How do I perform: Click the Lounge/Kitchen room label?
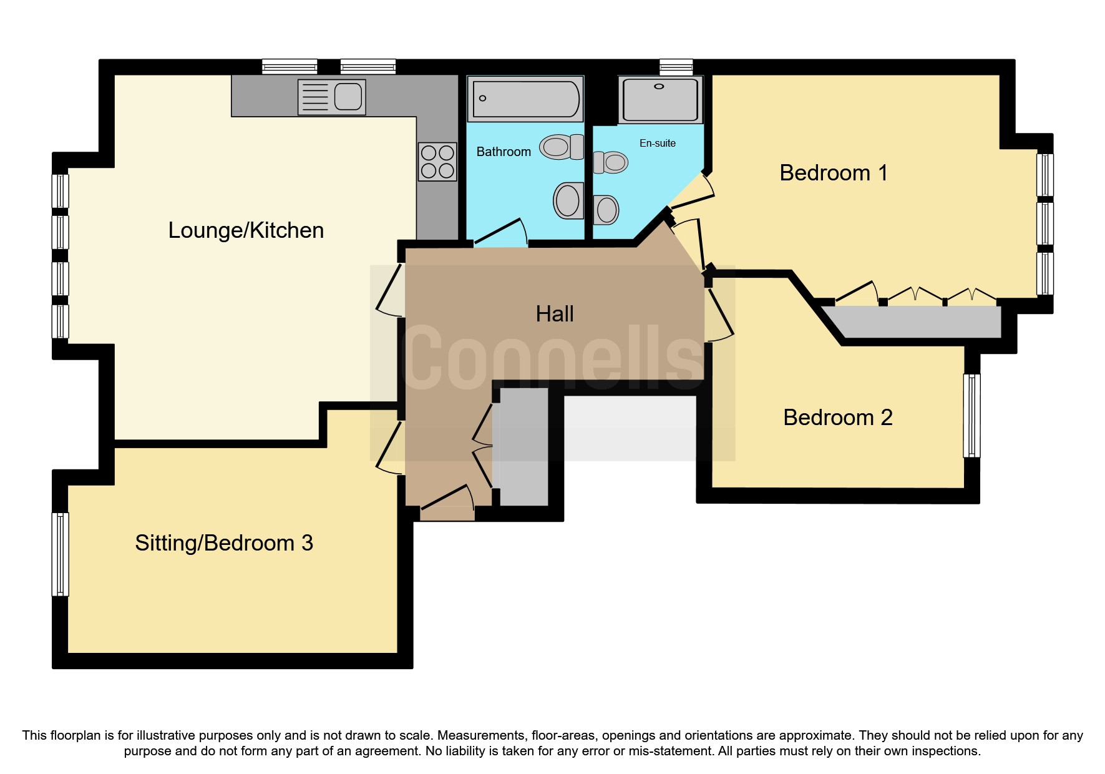click(246, 230)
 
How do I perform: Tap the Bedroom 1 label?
click(833, 173)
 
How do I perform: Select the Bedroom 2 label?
click(837, 417)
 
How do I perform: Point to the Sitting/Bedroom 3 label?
click(223, 543)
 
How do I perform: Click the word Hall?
click(554, 313)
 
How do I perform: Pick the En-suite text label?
click(657, 143)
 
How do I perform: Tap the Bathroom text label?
click(503, 152)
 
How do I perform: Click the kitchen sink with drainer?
click(331, 97)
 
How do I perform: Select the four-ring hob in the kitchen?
click(437, 162)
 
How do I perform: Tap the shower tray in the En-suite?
click(660, 99)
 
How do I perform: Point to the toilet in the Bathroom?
click(561, 147)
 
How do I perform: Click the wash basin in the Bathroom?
click(568, 200)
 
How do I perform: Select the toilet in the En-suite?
click(611, 162)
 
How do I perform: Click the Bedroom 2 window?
click(971, 415)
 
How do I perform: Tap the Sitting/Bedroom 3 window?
click(60, 554)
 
